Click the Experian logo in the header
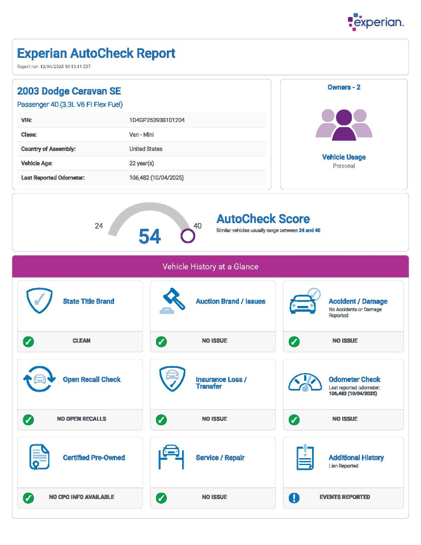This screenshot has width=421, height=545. pyautogui.click(x=376, y=22)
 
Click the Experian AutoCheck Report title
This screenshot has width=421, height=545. pyautogui.click(x=96, y=53)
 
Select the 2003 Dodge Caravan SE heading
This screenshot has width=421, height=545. pyautogui.click(x=69, y=91)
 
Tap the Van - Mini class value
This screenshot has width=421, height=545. pyautogui.click(x=141, y=135)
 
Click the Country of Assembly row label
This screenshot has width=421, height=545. pyautogui.click(x=48, y=149)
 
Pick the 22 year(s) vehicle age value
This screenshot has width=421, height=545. pyautogui.click(x=141, y=163)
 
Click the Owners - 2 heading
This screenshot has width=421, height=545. pyautogui.click(x=344, y=87)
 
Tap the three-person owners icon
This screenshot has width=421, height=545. pyautogui.click(x=344, y=124)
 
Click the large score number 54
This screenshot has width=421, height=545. pyautogui.click(x=150, y=236)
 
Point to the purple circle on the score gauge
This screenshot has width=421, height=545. pyautogui.click(x=188, y=236)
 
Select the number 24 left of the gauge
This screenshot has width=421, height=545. pyautogui.click(x=99, y=226)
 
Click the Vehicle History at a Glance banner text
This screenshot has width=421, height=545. pyautogui.click(x=210, y=266)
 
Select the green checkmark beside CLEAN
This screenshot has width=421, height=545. pyautogui.click(x=28, y=341)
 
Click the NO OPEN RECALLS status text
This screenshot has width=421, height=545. pyautogui.click(x=81, y=419)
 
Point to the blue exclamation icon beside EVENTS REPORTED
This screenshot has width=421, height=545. pyautogui.click(x=294, y=497)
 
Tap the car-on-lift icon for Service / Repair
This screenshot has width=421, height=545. pyautogui.click(x=171, y=458)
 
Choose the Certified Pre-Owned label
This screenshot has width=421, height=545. pyautogui.click(x=94, y=458)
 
